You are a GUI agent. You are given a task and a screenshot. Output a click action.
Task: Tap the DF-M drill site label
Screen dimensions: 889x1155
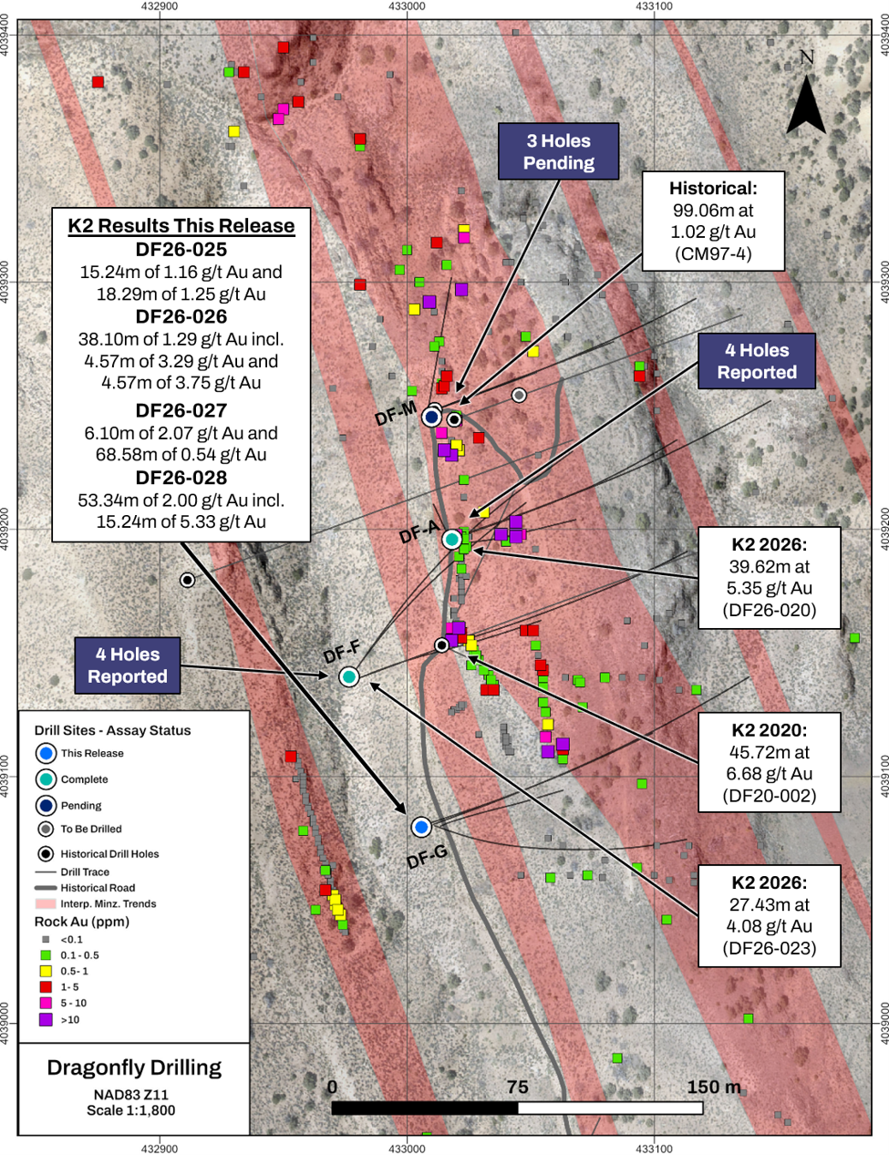396,413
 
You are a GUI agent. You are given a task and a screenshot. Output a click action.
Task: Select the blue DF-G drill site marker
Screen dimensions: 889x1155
421,827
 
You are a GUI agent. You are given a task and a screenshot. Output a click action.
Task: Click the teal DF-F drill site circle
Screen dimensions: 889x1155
349,676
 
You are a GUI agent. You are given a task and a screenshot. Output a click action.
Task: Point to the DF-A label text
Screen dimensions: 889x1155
419,531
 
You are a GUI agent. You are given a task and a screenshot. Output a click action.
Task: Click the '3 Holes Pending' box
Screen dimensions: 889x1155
559,151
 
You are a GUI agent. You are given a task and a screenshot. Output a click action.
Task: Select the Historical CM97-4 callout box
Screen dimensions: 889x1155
713,221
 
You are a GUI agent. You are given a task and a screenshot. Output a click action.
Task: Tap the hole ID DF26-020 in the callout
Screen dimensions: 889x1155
769,610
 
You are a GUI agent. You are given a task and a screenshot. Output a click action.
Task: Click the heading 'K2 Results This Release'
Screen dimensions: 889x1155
181,226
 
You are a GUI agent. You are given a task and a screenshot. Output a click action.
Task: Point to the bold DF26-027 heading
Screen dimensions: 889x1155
181,410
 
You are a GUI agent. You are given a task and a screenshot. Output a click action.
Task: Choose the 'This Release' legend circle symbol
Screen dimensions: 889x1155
47,753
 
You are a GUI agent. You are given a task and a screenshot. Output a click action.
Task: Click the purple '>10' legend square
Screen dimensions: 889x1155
47,1019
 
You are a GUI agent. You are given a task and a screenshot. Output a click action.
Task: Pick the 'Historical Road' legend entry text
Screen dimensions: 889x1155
98,888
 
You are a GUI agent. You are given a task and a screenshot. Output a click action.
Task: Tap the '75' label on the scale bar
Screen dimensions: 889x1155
518,1087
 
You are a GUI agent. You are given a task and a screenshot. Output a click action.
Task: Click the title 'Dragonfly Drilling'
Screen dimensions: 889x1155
134,1067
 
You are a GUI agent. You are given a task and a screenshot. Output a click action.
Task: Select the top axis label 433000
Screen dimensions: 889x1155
408,6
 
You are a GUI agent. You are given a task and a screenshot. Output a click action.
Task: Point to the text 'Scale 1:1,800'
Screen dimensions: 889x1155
131,1109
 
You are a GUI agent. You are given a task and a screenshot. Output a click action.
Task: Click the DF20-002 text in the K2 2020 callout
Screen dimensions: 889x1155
769,796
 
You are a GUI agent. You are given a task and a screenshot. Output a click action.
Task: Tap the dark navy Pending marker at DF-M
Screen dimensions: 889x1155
432,418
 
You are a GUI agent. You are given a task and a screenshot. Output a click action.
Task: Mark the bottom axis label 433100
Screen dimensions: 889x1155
654,1149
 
